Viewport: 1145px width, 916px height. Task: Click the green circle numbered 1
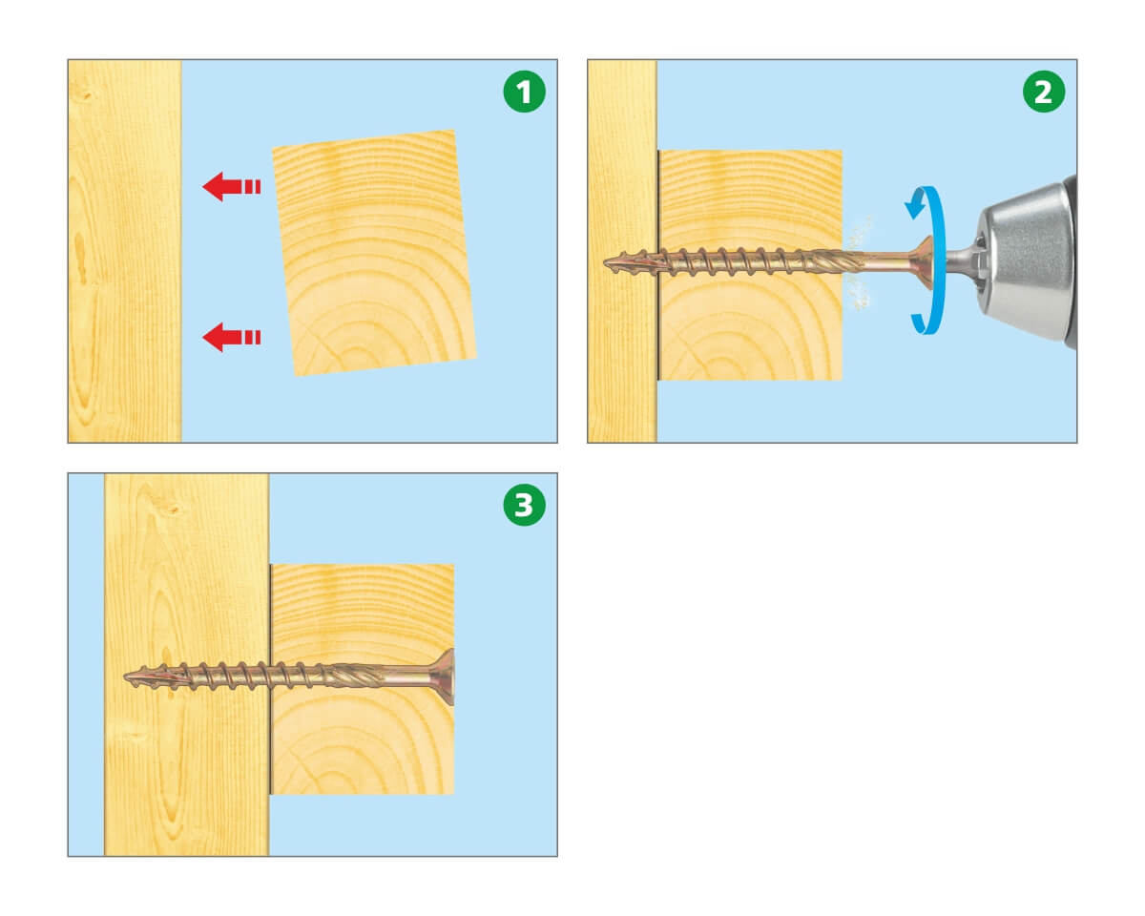pyautogui.click(x=524, y=92)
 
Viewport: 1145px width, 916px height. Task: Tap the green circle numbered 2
pyautogui.click(x=1043, y=92)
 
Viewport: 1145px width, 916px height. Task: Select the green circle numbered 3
pyautogui.click(x=524, y=505)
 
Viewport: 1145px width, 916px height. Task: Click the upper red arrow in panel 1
pyautogui.click(x=232, y=186)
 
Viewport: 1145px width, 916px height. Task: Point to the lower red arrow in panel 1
pyautogui.click(x=232, y=338)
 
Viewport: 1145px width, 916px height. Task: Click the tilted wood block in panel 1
pyautogui.click(x=374, y=254)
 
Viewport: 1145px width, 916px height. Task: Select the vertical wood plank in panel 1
pyautogui.click(x=125, y=251)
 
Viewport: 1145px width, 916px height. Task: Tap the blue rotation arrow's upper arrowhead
pyautogui.click(x=915, y=206)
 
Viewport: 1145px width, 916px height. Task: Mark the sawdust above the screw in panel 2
pyautogui.click(x=858, y=233)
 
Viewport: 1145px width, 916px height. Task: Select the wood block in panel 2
pyautogui.click(x=750, y=265)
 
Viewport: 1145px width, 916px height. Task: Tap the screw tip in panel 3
pyautogui.click(x=127, y=677)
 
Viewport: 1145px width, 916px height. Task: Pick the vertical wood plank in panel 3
pyautogui.click(x=187, y=664)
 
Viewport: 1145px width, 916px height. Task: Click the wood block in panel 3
pyautogui.click(x=363, y=679)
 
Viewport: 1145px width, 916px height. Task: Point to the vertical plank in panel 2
pyautogui.click(x=622, y=251)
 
